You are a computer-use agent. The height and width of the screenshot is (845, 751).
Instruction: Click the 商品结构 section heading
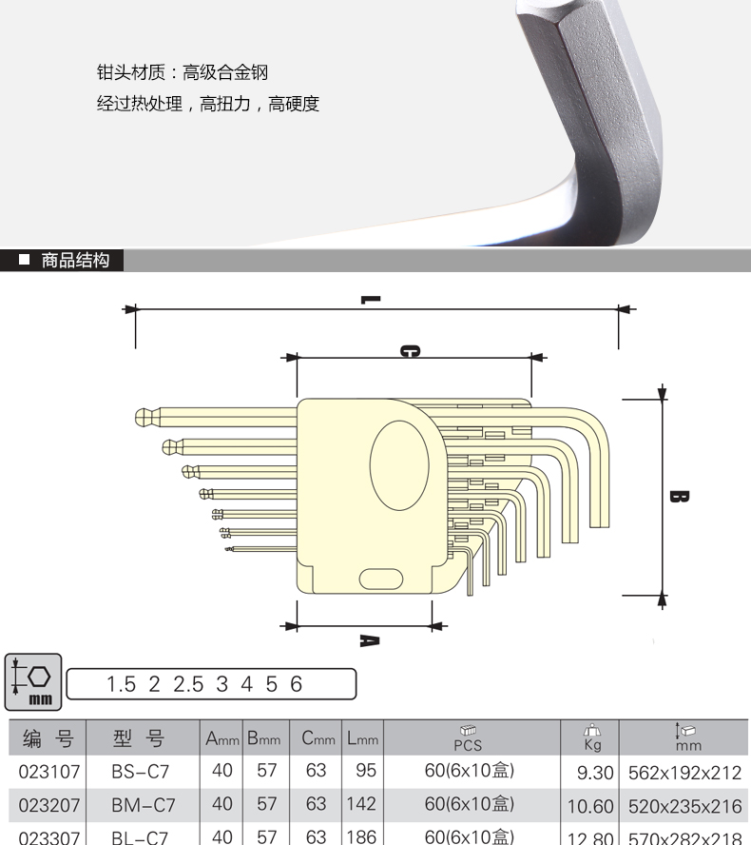click(x=75, y=260)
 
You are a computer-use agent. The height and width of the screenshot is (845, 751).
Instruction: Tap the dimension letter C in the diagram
click(x=409, y=351)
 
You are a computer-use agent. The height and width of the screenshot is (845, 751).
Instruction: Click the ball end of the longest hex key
click(x=144, y=416)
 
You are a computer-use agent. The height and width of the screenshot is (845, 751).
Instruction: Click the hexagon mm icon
click(x=33, y=682)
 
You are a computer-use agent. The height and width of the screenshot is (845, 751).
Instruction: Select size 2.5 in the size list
click(x=188, y=684)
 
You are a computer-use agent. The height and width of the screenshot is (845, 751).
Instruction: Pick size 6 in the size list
click(x=297, y=684)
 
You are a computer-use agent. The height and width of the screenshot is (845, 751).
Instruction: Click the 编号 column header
click(x=47, y=738)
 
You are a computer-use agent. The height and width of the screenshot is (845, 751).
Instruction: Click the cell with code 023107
click(x=47, y=771)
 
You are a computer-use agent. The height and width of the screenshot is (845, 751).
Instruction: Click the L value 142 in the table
click(x=361, y=804)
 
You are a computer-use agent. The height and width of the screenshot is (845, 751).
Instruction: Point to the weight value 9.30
click(x=593, y=773)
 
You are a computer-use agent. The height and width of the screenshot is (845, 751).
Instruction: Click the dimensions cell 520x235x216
click(x=684, y=806)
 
